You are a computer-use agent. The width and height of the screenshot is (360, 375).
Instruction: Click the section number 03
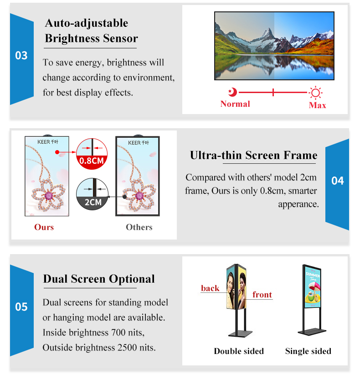[21, 56]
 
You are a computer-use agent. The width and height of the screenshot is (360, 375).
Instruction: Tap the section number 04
[338, 181]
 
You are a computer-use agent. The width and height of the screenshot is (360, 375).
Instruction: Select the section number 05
[21, 307]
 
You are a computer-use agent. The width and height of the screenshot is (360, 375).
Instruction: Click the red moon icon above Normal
[232, 92]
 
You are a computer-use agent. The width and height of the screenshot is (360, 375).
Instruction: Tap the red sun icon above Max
[315, 93]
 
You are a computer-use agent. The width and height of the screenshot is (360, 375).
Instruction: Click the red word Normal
[235, 104]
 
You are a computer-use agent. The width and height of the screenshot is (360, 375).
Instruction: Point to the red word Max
[317, 105]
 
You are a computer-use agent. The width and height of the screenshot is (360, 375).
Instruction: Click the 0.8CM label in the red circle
[92, 161]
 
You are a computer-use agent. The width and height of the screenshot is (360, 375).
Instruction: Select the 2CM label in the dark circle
[93, 203]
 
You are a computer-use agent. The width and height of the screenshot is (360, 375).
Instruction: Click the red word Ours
[44, 227]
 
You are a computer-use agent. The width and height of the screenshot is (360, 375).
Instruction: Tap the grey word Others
[139, 227]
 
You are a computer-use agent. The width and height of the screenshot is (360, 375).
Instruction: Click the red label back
[210, 288]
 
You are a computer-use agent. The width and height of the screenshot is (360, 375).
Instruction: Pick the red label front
[262, 295]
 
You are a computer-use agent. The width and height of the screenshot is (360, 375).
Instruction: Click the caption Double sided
[239, 351]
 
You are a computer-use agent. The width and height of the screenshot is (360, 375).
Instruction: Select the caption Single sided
[308, 351]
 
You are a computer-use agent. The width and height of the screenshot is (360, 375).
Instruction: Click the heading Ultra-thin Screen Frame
[253, 156]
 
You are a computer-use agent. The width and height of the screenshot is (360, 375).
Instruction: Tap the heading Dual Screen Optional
[99, 279]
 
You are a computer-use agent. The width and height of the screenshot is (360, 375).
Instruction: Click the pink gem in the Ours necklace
[49, 196]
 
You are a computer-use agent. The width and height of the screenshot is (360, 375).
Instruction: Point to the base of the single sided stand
[312, 332]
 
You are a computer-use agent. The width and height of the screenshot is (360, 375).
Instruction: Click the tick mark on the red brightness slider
[273, 92]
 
